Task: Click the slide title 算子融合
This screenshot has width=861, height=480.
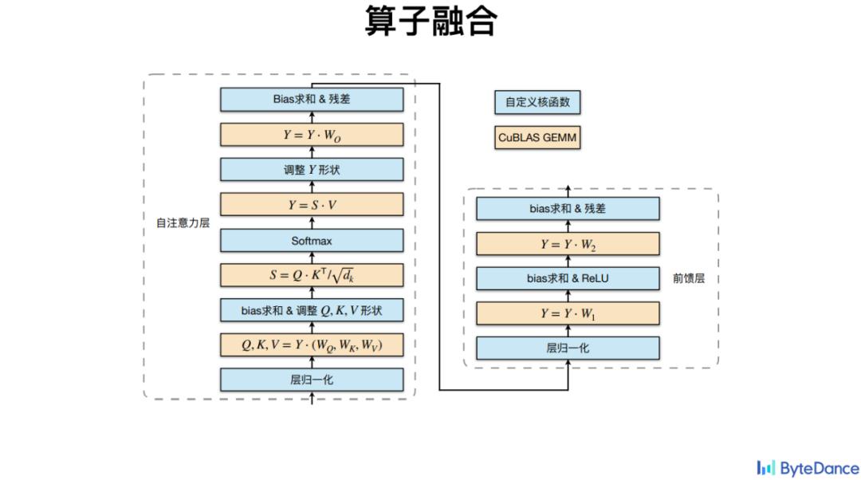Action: (x=431, y=22)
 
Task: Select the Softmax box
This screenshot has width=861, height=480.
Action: (x=312, y=240)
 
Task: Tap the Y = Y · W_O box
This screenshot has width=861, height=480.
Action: (x=312, y=135)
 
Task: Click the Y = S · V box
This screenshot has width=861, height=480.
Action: (x=312, y=205)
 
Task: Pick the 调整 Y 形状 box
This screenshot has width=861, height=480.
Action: (x=312, y=170)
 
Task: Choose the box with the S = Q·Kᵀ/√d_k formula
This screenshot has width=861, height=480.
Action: (x=312, y=275)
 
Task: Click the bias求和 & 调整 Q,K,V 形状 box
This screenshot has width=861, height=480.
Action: (x=312, y=310)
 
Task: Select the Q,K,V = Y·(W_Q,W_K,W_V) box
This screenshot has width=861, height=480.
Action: (x=312, y=344)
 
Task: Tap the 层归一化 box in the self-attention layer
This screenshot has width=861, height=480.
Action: (x=312, y=380)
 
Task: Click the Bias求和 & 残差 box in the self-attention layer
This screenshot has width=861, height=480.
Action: (x=312, y=100)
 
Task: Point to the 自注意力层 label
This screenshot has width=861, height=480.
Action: (x=183, y=223)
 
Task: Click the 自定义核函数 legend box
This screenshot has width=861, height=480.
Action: (x=537, y=103)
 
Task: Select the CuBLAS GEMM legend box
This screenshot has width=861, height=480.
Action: (x=537, y=137)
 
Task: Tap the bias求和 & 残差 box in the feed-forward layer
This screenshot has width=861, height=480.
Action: (x=568, y=209)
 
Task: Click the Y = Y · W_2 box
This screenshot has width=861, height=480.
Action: (x=568, y=244)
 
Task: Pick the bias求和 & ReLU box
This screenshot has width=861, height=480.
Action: (x=568, y=278)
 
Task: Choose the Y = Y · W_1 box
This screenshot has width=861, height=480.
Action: (x=568, y=313)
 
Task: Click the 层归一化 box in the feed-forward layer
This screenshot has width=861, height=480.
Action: (x=568, y=348)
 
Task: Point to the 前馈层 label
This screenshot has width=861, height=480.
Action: (x=689, y=279)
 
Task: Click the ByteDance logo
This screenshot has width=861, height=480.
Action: (x=808, y=467)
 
